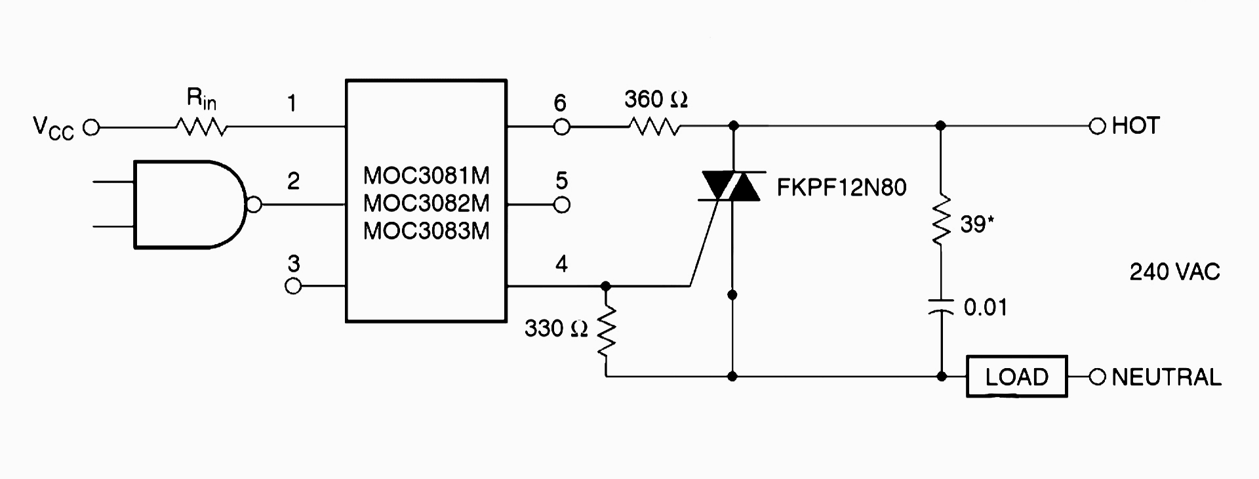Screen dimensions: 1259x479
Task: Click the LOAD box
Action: tap(1017, 377)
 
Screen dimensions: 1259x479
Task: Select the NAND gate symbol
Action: tap(190, 205)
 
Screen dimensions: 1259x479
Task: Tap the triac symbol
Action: tap(731, 186)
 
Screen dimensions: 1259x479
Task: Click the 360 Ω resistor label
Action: tap(656, 100)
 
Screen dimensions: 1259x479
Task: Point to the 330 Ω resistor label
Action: tap(556, 329)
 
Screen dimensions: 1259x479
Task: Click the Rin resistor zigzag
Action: tap(201, 127)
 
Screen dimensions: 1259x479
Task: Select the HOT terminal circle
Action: tap(1097, 127)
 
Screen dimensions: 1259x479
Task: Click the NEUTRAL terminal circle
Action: tap(1097, 377)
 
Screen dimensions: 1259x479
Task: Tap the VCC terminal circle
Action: tap(91, 127)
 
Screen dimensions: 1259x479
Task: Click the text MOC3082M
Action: tap(427, 203)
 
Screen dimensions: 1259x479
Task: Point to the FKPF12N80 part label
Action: tap(842, 188)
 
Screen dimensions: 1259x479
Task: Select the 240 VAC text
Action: tap(1174, 272)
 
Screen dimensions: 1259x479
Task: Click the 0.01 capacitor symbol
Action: tap(941, 306)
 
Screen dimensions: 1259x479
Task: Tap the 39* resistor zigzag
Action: tap(941, 220)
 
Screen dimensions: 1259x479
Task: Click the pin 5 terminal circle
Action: tap(562, 205)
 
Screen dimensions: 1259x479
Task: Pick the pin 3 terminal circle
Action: tap(293, 286)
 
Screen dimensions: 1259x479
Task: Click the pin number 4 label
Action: tap(562, 264)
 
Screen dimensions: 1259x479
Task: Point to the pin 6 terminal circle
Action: tap(562, 127)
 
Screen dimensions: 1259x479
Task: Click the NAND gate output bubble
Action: tap(254, 205)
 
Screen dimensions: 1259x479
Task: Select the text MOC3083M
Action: tap(427, 231)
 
